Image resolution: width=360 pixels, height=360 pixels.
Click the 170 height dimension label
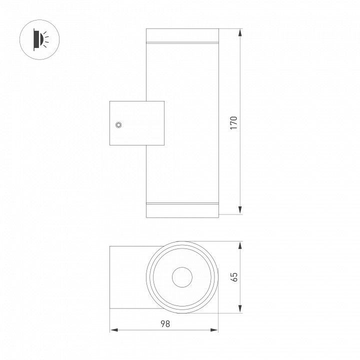coord(233,123)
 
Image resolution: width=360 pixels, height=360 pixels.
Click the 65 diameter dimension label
coord(234,277)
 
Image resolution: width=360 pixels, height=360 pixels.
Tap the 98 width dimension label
coord(165,323)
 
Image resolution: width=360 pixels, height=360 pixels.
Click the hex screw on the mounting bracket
coord(118,125)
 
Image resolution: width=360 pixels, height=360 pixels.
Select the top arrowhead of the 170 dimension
coord(240,32)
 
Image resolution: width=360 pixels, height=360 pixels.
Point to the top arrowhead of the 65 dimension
coord(240,245)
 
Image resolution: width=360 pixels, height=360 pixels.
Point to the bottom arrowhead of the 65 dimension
coord(240,308)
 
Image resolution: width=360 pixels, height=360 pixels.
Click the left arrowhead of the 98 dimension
coord(114,330)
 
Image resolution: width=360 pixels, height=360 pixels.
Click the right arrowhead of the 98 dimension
coord(214,330)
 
